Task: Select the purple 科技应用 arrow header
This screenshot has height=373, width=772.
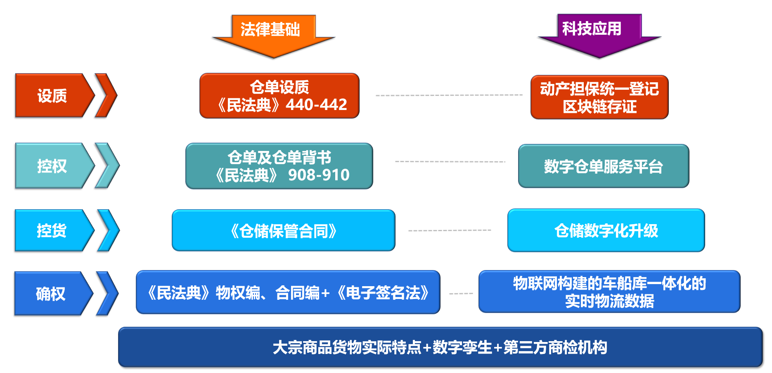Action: (x=594, y=33)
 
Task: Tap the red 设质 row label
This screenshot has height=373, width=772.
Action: (x=52, y=96)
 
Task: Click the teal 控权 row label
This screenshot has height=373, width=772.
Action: (x=52, y=166)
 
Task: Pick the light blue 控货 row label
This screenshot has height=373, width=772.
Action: (x=52, y=230)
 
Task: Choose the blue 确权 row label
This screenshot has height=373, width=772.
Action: (x=50, y=294)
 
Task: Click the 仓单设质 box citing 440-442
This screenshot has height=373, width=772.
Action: (x=279, y=96)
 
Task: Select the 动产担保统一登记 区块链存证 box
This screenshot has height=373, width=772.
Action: (x=599, y=97)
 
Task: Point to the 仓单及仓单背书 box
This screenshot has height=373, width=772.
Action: (x=279, y=166)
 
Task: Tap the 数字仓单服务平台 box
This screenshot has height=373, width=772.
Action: (x=603, y=166)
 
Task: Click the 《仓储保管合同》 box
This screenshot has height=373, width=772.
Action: (x=284, y=230)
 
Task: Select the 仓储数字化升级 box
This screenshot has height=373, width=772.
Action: (x=606, y=230)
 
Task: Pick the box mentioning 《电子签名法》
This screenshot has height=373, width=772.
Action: (x=288, y=292)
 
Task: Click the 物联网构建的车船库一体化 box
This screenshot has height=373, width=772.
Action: (x=609, y=292)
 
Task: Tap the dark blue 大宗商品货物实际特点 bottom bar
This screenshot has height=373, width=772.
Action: (x=440, y=347)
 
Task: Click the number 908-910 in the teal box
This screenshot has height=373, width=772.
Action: (x=319, y=175)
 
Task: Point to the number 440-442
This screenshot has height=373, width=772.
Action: (x=316, y=105)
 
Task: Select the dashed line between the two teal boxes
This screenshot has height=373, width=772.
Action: (x=450, y=162)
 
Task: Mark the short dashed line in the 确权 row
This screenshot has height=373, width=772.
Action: (x=461, y=294)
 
